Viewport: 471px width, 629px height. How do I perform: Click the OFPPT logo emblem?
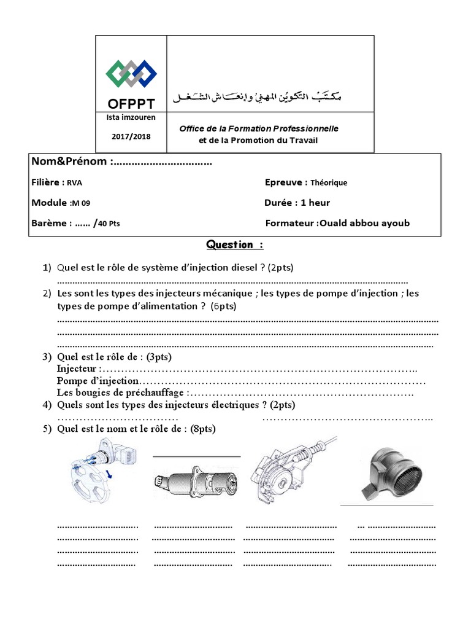point(131,74)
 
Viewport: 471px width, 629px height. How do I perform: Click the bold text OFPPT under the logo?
point(131,103)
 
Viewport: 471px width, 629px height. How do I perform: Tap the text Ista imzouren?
point(131,117)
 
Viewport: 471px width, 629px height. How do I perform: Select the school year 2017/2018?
point(131,136)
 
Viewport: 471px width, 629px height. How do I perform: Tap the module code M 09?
point(80,203)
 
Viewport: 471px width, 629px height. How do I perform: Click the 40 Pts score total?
point(109,224)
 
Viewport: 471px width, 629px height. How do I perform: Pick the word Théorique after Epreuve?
point(329,182)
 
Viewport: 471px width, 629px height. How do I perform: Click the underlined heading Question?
point(235,245)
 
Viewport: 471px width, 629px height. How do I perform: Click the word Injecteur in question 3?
point(77,369)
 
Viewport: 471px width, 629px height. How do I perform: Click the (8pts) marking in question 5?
point(202,429)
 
